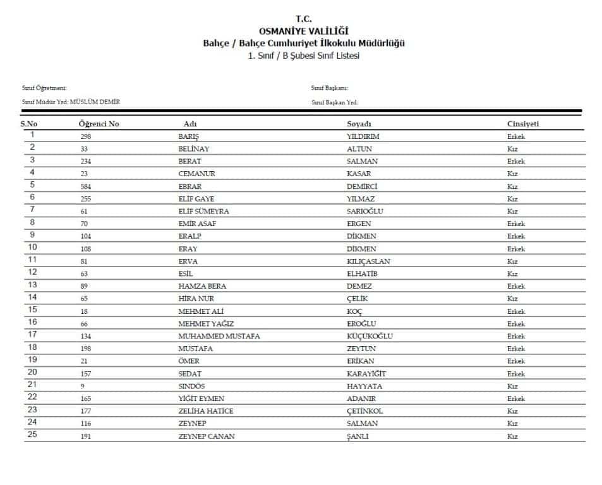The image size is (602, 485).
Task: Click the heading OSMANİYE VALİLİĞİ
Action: click(303, 31)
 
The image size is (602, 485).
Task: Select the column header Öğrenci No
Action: click(99, 124)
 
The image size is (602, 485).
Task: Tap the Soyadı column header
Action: click(359, 124)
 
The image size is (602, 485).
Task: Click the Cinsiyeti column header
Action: click(522, 124)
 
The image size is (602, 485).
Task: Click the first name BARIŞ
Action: click(189, 136)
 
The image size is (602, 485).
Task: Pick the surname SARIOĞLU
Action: click(365, 212)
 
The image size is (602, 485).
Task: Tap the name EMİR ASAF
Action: click(197, 224)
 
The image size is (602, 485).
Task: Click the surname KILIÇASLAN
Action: click(368, 261)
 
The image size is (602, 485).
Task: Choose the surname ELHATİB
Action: click(363, 274)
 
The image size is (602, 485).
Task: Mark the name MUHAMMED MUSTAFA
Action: click(219, 336)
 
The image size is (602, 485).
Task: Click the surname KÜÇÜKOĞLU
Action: click(370, 336)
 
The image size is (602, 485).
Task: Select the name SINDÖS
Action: click(191, 386)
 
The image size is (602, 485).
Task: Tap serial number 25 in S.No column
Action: click(32, 436)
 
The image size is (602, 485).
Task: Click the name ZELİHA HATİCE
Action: click(206, 411)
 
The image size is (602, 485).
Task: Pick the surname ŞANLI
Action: click(358, 436)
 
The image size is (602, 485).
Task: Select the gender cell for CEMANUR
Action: click(512, 174)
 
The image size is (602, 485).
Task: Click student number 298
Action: click(85, 136)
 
